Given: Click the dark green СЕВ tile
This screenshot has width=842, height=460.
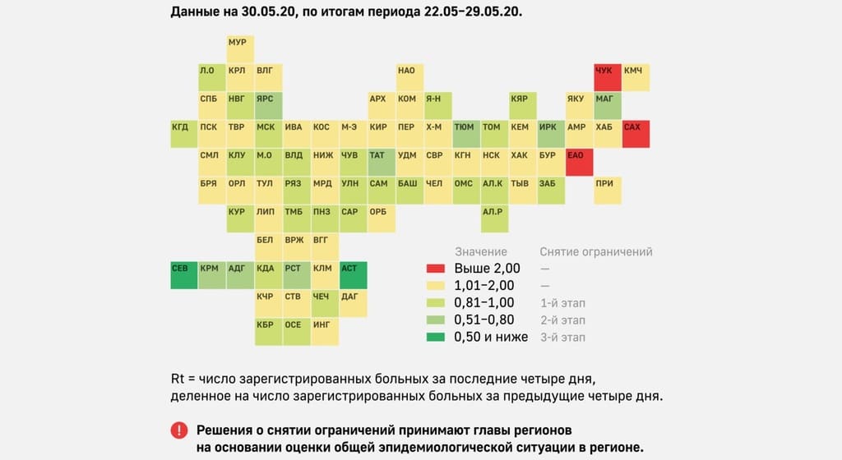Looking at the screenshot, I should (183, 274).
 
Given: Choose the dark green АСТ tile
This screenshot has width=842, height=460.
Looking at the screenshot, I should (352, 274).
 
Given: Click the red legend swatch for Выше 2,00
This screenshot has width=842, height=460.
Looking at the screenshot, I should (436, 269).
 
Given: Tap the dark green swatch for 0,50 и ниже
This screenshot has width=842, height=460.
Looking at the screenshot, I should (436, 338).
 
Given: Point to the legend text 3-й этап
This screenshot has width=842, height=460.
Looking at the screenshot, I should (562, 338).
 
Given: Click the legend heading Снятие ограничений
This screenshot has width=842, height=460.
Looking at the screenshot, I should (595, 251).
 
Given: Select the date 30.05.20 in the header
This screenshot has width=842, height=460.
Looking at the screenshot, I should (246, 13).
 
